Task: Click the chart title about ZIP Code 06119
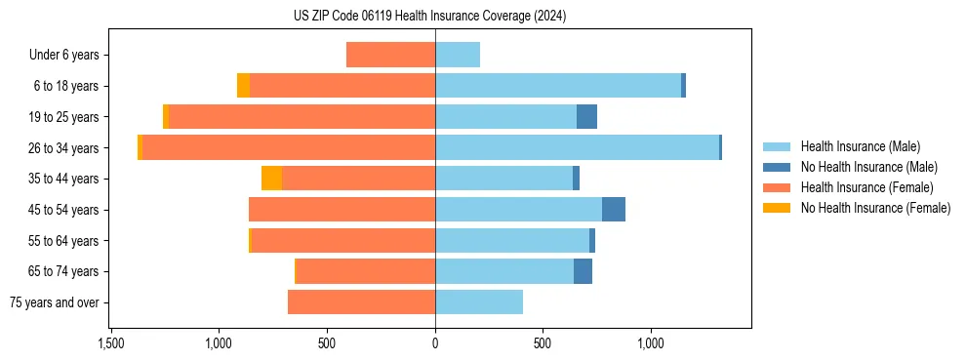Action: point(429,17)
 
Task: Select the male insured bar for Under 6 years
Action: point(458,55)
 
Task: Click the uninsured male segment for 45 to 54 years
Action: point(614,210)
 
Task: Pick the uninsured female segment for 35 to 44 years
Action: point(271,179)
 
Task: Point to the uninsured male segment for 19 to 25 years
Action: point(586,117)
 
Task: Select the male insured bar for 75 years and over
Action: point(479,302)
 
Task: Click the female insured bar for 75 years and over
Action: point(361,302)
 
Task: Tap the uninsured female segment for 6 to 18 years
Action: point(243,86)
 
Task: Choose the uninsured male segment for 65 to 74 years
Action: point(583,271)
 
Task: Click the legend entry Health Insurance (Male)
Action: point(860,146)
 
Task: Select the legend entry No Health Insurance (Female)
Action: point(875,208)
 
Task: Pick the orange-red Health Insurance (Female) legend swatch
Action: point(777,187)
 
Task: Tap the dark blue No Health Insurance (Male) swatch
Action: point(777,167)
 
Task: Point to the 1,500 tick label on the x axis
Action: point(110,343)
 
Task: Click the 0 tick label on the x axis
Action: point(435,343)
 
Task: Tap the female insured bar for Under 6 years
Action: point(390,55)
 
